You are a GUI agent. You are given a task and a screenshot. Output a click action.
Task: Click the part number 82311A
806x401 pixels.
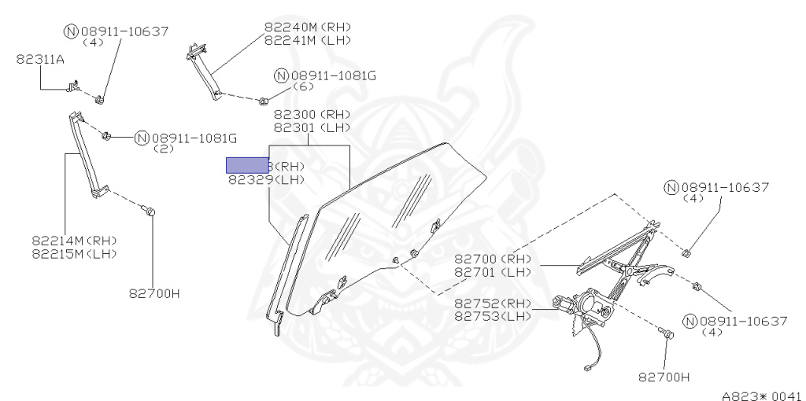[40, 58]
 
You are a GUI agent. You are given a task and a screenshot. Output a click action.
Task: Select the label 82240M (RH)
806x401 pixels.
[307, 26]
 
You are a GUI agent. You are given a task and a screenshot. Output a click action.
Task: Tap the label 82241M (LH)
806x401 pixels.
[307, 39]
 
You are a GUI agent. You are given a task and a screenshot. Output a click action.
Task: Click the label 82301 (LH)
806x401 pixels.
[311, 127]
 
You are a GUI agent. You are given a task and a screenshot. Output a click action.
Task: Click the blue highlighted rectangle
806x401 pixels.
[247, 165]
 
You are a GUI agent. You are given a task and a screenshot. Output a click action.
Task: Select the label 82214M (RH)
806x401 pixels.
[74, 240]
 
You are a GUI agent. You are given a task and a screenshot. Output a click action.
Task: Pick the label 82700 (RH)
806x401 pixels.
[493, 259]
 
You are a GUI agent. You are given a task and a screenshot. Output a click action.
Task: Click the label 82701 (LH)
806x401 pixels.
[493, 272]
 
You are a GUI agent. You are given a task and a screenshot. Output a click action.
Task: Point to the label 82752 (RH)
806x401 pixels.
[493, 304]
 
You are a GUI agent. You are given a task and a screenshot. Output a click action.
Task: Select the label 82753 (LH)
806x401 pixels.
[493, 316]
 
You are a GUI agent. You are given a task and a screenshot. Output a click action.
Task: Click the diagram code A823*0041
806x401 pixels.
[761, 395]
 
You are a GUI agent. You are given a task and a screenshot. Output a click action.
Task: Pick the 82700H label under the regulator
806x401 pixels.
[664, 377]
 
